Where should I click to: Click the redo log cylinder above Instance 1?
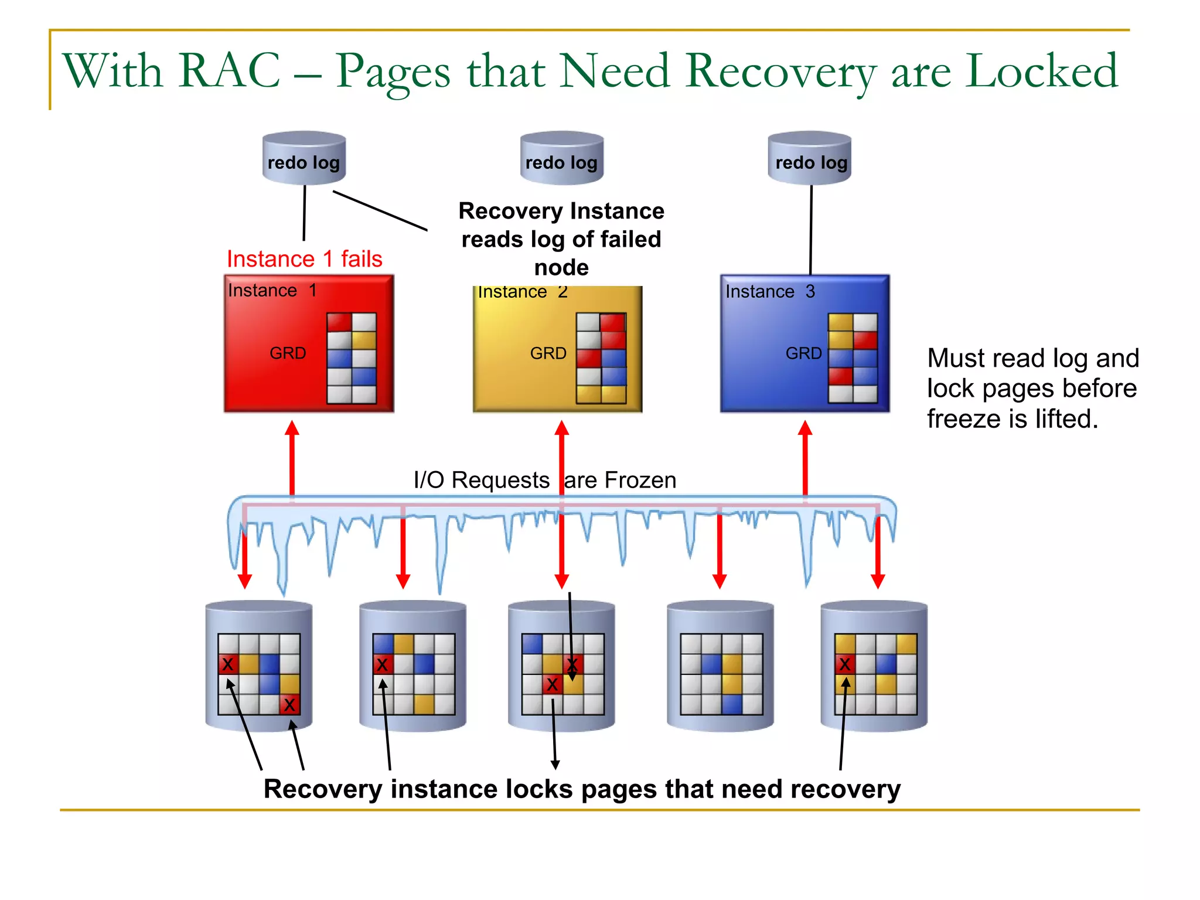(x=304, y=158)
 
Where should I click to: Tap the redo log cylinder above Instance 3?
(x=809, y=158)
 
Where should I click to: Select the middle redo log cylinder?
(x=561, y=158)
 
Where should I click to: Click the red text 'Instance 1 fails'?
(x=304, y=258)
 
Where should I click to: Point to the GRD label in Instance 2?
(x=548, y=353)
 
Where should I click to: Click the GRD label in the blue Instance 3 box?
(x=803, y=353)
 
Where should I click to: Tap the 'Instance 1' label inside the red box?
(x=272, y=290)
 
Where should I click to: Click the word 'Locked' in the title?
(x=1042, y=71)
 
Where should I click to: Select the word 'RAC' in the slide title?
(x=230, y=71)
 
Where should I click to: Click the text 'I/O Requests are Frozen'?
(x=544, y=480)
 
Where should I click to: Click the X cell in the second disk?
(x=383, y=664)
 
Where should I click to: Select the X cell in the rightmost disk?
(x=844, y=664)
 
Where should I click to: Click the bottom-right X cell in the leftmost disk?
(x=289, y=704)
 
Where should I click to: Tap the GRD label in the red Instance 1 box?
(x=288, y=353)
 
